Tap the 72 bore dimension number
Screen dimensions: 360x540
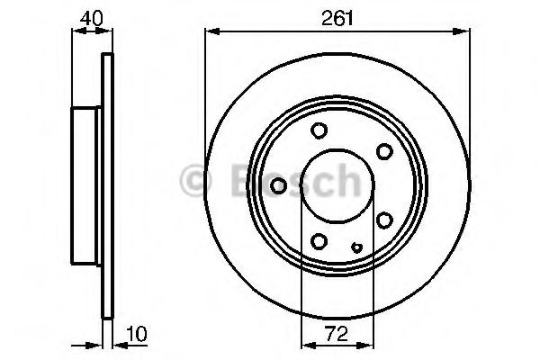(x=336, y=334)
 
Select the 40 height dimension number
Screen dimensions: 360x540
(x=90, y=15)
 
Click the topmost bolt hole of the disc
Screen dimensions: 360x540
(x=319, y=131)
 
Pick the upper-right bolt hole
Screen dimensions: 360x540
(x=384, y=150)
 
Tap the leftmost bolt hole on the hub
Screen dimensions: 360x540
(x=279, y=185)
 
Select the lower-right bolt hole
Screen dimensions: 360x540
(x=384, y=220)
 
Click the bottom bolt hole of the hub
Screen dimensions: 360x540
(x=319, y=240)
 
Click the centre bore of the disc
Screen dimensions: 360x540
(x=336, y=185)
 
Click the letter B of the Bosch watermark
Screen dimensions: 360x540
(x=230, y=181)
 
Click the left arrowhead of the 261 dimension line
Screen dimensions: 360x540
(x=211, y=31)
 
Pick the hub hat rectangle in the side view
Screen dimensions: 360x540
(x=87, y=185)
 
